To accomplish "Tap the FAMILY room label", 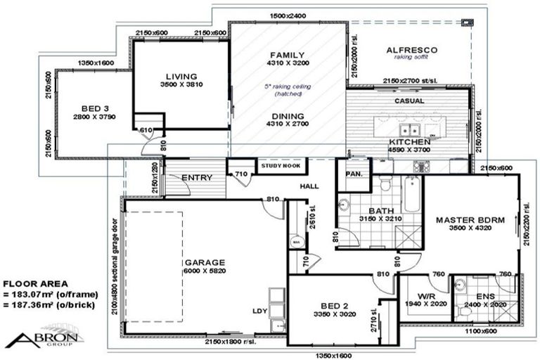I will coord(288,55).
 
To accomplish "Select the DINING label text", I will coord(288,116).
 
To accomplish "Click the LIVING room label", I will coord(181,77).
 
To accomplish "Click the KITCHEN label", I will coord(409,141).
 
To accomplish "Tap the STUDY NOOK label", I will coord(281,167).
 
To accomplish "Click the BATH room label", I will coord(382,210).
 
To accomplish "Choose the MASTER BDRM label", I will coord(470,220).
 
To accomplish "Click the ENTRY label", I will coord(197,178).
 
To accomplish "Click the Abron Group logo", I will coord(44,335).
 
